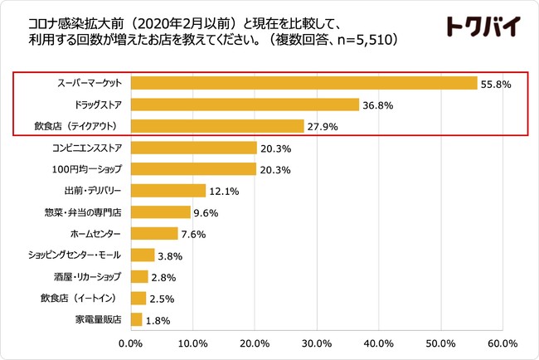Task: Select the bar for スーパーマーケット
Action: [x=303, y=83]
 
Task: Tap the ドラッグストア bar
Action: [x=245, y=105]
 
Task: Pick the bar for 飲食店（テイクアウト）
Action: [x=217, y=126]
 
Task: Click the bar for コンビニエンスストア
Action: [x=193, y=148]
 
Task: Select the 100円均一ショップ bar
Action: [x=193, y=169]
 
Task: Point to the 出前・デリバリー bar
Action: [x=168, y=191]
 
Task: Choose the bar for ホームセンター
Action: [x=154, y=233]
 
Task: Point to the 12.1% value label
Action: [x=224, y=192]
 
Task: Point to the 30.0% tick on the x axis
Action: [x=317, y=343]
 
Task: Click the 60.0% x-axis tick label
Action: [x=503, y=343]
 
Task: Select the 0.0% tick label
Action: [x=131, y=343]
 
